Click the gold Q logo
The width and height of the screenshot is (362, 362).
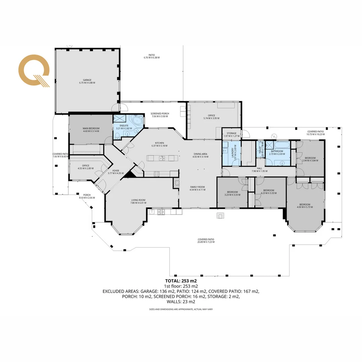click(x=34, y=71)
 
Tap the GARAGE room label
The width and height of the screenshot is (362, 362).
click(x=87, y=81)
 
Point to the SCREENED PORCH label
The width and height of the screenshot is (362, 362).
click(x=160, y=115)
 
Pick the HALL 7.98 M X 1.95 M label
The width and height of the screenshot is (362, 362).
click(x=259, y=170)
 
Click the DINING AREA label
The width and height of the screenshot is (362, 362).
click(x=200, y=155)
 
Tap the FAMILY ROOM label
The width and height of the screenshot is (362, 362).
click(x=197, y=188)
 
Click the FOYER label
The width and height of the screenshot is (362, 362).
click(x=114, y=172)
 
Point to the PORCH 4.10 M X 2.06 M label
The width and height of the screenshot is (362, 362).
click(x=87, y=196)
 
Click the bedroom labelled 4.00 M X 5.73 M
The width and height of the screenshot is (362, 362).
click(x=304, y=206)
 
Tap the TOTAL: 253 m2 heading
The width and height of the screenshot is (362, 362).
click(x=181, y=281)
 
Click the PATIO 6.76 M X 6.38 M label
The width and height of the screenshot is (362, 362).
click(x=152, y=56)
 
